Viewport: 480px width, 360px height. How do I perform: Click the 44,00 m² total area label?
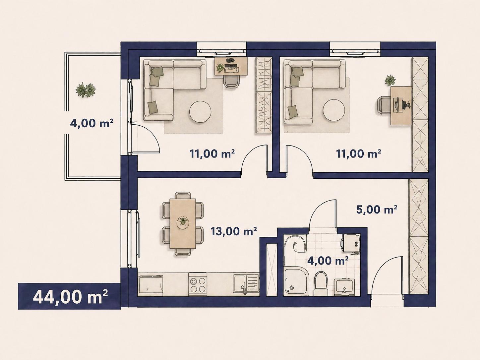[x=70, y=297]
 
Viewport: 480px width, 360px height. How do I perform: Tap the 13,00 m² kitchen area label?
[x=233, y=231]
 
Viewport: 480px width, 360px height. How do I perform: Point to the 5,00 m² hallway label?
[x=377, y=210]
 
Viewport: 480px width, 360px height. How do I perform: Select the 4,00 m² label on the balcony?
[x=91, y=123]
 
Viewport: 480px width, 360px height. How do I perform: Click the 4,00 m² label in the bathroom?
[x=328, y=261]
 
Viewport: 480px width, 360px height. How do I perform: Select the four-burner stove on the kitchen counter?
[x=198, y=284]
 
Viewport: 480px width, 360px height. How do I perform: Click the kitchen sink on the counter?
[x=246, y=284]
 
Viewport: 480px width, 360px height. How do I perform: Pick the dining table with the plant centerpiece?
[x=183, y=223]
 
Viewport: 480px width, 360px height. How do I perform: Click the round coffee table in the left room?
[x=200, y=112]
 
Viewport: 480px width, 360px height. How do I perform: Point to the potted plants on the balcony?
[x=86, y=90]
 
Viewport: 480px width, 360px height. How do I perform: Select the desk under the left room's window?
[x=231, y=66]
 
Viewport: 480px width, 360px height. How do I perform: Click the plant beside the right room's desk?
[x=390, y=80]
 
